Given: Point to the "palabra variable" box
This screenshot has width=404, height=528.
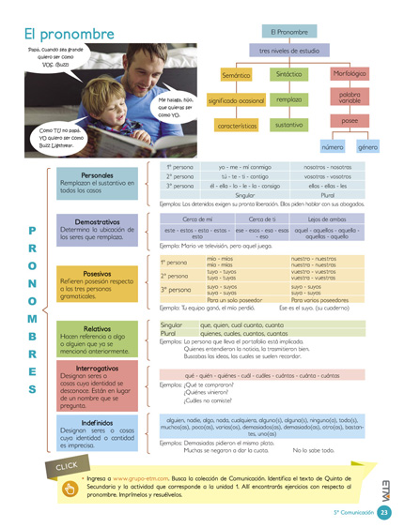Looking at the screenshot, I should point(350,98).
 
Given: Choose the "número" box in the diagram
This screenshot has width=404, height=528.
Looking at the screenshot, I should point(334,147).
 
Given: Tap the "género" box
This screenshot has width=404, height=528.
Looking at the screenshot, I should point(367,147).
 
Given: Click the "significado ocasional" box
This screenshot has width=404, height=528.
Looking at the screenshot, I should point(236,99).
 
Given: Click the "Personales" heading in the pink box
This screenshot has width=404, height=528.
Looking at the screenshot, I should point(98,175).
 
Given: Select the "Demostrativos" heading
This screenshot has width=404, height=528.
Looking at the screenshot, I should point(98,221).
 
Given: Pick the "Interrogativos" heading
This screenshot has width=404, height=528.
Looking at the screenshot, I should point(98,369).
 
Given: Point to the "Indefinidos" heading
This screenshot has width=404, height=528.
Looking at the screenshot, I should point(98,423).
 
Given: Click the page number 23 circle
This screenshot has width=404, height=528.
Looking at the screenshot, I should point(385,512).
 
